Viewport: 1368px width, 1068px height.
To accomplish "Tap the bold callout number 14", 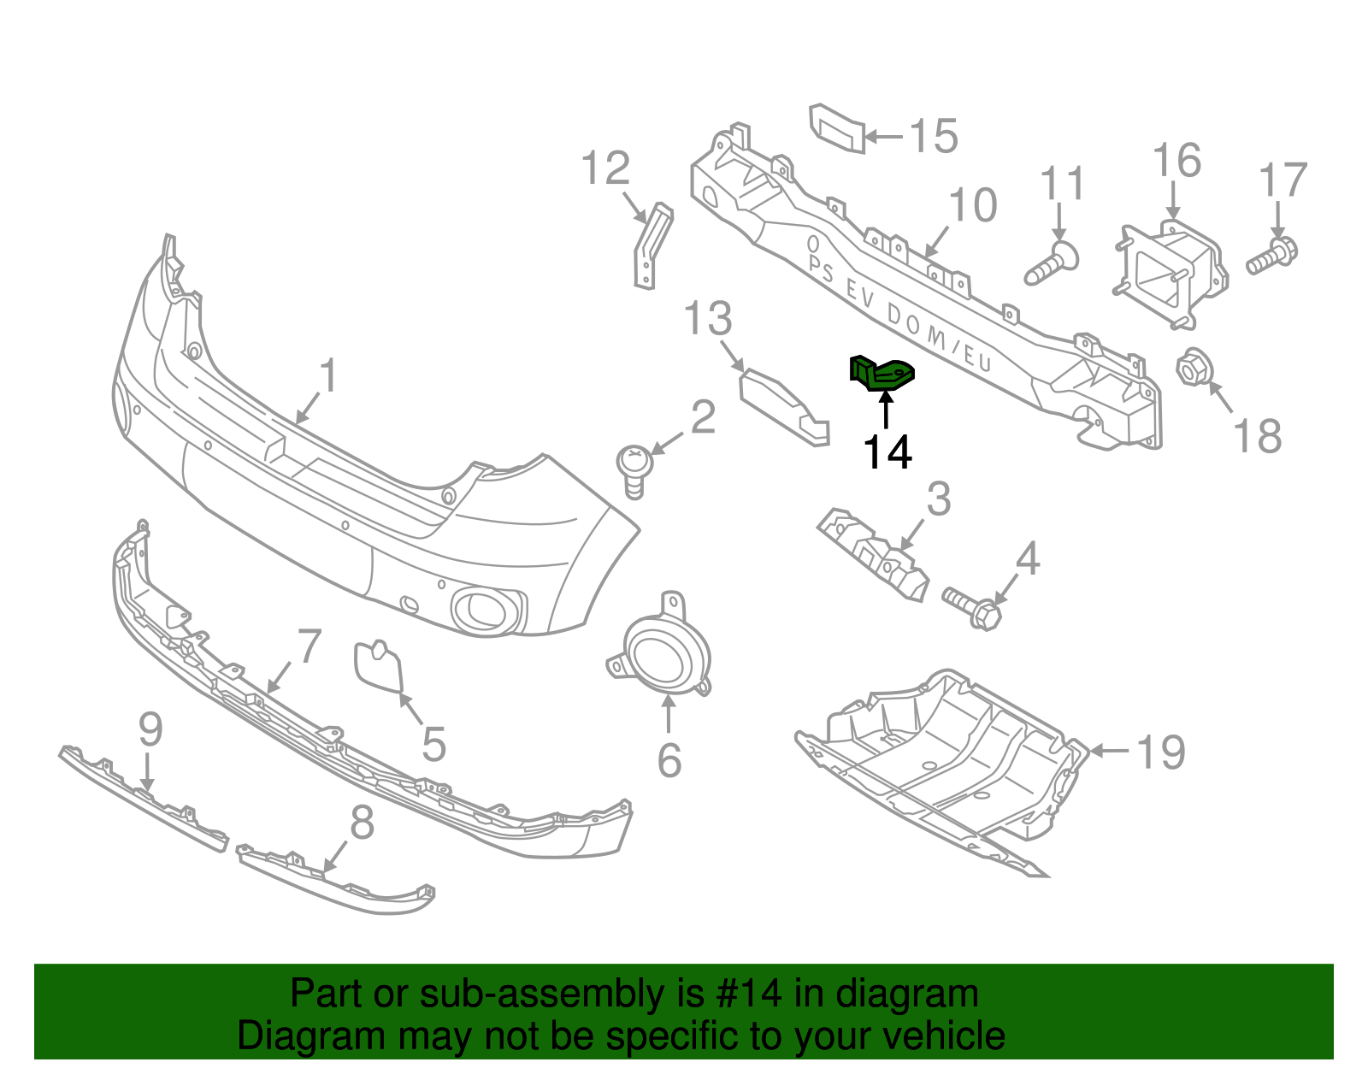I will point(887,452).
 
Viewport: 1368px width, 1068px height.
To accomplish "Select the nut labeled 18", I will point(1191,369).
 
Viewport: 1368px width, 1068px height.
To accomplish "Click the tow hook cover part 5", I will point(378,664).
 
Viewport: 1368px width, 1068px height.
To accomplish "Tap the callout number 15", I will point(933,136).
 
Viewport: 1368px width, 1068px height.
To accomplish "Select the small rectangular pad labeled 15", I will point(837,129).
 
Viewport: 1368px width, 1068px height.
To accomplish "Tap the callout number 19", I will point(1160,752).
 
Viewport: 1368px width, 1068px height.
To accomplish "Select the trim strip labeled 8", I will point(338,880).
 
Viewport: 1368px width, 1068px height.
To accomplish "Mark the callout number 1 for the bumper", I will point(327,376).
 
